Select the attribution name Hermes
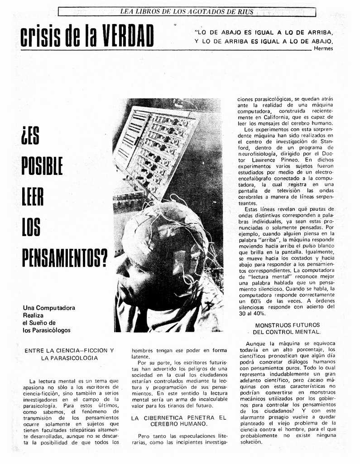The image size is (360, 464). point(323,48)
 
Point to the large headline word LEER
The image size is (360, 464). point(33,196)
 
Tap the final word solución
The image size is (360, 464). point(251,442)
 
